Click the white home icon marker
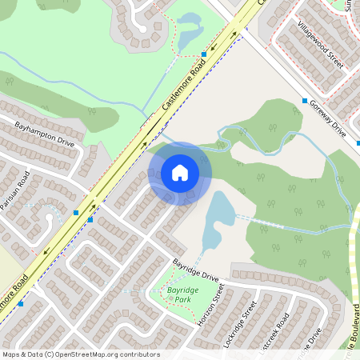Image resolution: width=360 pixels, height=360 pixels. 180,173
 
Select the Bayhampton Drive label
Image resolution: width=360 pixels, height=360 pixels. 44,132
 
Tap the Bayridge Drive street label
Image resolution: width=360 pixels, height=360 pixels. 196,270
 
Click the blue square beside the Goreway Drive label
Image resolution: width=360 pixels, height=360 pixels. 305,101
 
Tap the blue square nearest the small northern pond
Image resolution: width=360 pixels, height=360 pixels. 204,54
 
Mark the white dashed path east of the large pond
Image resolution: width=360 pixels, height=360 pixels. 272,223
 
